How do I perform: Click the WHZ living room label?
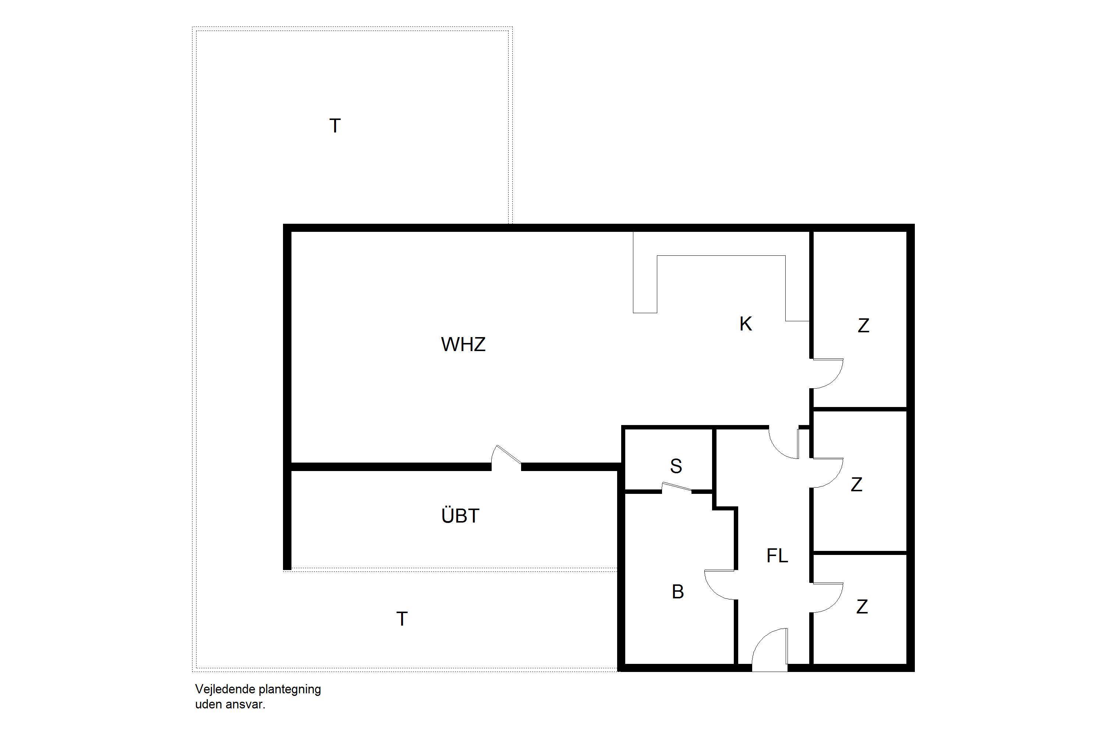[x=463, y=344]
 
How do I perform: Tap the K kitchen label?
[x=746, y=324]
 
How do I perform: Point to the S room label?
[x=676, y=466]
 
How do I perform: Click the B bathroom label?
[x=677, y=592]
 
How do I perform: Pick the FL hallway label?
[x=777, y=556]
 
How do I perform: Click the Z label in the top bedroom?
[x=863, y=326]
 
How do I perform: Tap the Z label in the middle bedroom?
[x=857, y=484]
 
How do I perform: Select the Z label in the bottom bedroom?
[x=862, y=607]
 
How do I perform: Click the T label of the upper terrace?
[x=335, y=126]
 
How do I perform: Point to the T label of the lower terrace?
[x=402, y=619]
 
